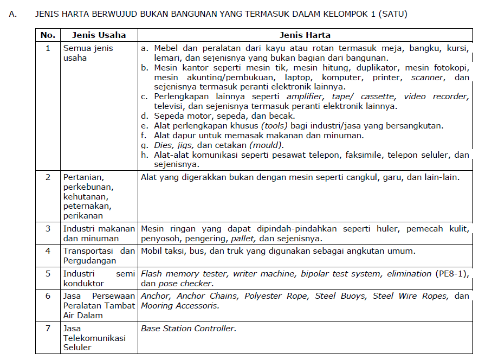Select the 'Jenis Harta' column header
[305, 35]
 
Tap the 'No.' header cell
[48, 35]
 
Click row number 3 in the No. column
[48, 229]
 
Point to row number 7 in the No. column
[48, 329]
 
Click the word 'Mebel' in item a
[166, 48]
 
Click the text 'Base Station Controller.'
[189, 329]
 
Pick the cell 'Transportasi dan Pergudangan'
[99, 255]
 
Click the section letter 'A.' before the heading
[13, 14]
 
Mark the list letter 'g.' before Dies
[145, 145]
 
